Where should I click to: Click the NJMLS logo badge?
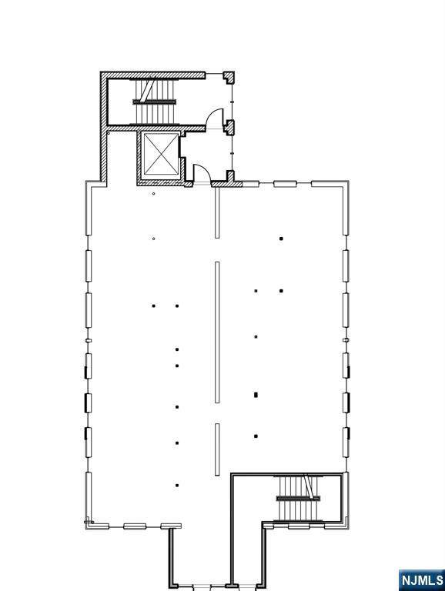pyautogui.click(x=422, y=580)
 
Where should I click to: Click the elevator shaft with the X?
pyautogui.click(x=161, y=154)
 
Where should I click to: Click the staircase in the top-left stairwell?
pyautogui.click(x=154, y=102)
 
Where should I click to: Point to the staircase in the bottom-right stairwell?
pyautogui.click(x=298, y=499)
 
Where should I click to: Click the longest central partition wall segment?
pyautogui.click(x=217, y=332)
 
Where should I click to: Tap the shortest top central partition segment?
pyautogui.click(x=217, y=213)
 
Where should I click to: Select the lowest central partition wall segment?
pyautogui.click(x=217, y=449)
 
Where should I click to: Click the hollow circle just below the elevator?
pyautogui.click(x=153, y=194)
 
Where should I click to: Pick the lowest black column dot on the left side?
pyautogui.click(x=177, y=485)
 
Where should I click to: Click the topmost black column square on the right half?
pyautogui.click(x=281, y=239)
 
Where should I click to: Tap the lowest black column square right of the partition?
pyautogui.click(x=256, y=436)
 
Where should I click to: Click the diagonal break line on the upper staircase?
pyautogui.click(x=148, y=90)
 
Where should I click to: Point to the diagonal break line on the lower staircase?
pyautogui.click(x=309, y=487)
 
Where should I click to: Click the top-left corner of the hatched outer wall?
pyautogui.click(x=100, y=72)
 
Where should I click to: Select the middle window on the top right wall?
pyautogui.click(x=285, y=184)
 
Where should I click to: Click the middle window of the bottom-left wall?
pyautogui.click(x=135, y=526)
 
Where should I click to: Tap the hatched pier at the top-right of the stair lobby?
pyautogui.click(x=229, y=77)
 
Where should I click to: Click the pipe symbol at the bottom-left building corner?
pyautogui.click(x=89, y=522)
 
